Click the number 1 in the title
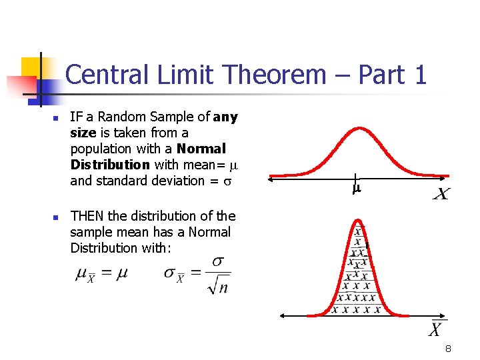pyautogui.click(x=419, y=75)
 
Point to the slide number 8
pyautogui.click(x=449, y=349)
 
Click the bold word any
pyautogui.click(x=225, y=117)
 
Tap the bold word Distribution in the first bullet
pyautogui.click(x=110, y=165)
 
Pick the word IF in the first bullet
pyautogui.click(x=76, y=117)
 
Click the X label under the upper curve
pyautogui.click(x=441, y=194)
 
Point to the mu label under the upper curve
pyautogui.click(x=356, y=189)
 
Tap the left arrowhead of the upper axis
pyautogui.click(x=271, y=178)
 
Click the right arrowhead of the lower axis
pyautogui.click(x=444, y=315)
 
